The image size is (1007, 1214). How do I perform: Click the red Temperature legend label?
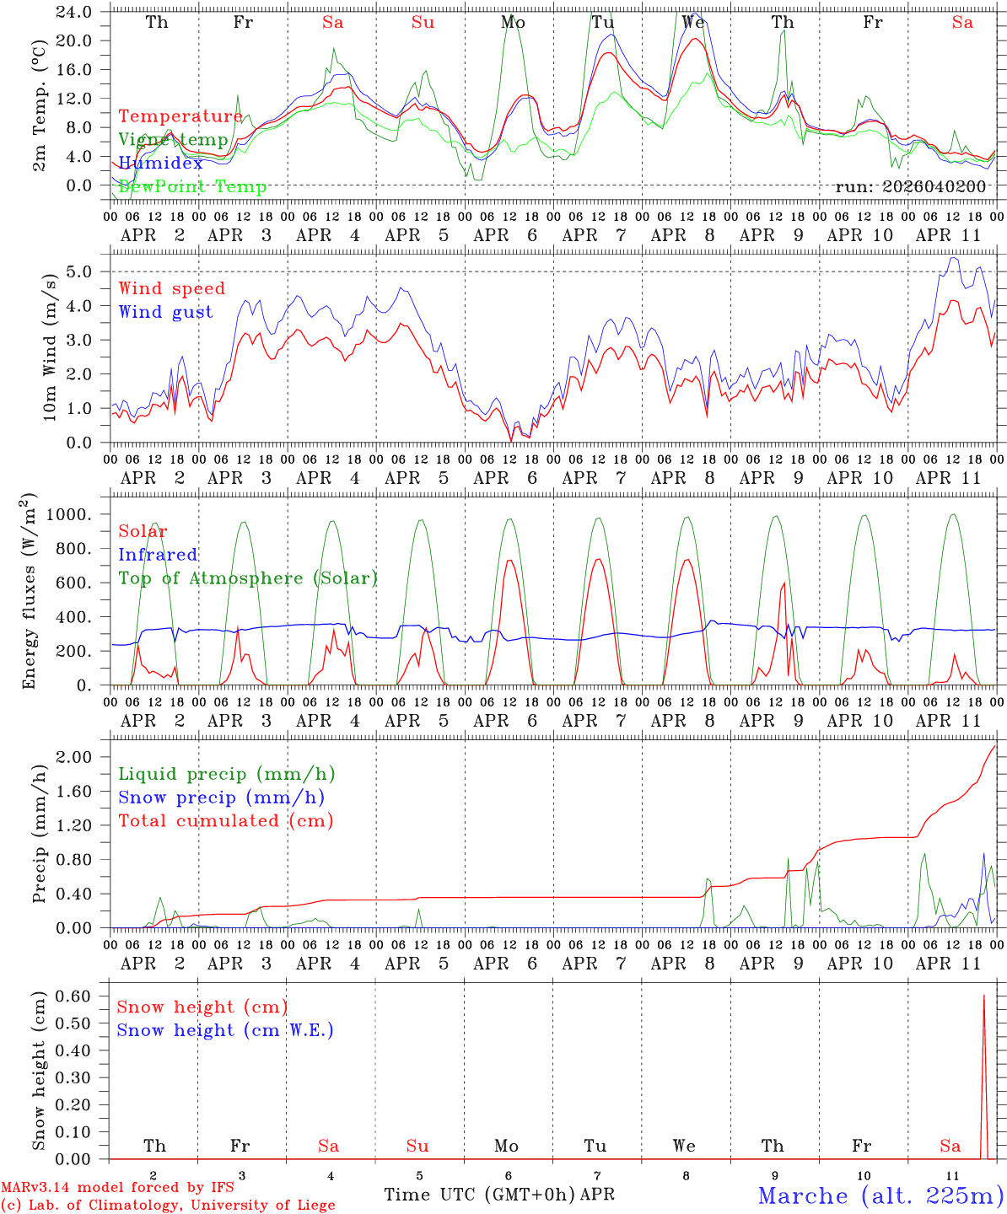[x=180, y=116]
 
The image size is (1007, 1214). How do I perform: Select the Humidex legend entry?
[x=160, y=163]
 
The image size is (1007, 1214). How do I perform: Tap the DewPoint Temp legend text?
[x=192, y=186]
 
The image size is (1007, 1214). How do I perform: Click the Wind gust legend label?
[x=165, y=312]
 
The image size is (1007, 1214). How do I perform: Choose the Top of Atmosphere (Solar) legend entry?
[x=248, y=578]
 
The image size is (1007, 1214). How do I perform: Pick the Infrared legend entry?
[x=158, y=555]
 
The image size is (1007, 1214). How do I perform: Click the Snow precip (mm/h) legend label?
[x=221, y=798]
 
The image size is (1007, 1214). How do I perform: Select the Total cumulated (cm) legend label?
[x=225, y=820]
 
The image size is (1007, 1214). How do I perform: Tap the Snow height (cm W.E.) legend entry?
[x=224, y=1030]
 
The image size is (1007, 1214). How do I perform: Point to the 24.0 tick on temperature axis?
[x=73, y=12]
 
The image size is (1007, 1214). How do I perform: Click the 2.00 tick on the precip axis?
[x=73, y=757]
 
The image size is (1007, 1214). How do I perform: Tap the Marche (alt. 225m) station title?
[x=880, y=1195]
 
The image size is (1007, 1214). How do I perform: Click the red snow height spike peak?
[x=983, y=996]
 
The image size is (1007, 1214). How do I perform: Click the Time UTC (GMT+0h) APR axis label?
[x=498, y=1195]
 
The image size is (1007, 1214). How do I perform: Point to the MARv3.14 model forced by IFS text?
[x=117, y=1188]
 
